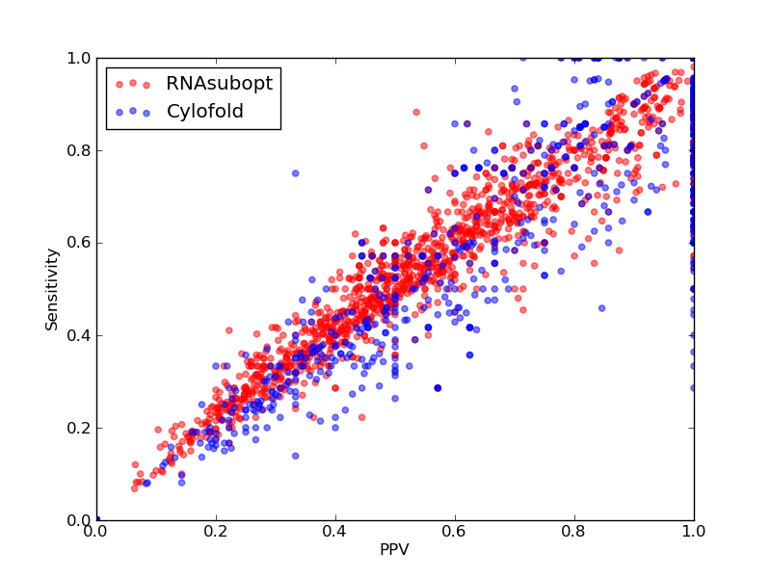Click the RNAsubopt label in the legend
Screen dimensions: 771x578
click(x=220, y=84)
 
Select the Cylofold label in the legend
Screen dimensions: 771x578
click(x=205, y=112)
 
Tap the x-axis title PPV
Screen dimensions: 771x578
click(x=394, y=549)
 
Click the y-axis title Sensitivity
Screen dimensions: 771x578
click(x=52, y=290)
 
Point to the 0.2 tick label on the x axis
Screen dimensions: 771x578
click(x=216, y=532)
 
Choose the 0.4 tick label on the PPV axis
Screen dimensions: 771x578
click(x=335, y=532)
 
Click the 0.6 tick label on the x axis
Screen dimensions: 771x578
click(x=455, y=532)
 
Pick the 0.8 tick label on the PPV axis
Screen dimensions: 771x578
click(x=574, y=532)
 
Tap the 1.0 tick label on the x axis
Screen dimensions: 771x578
click(x=694, y=532)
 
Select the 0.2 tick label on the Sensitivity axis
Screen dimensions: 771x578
click(x=79, y=428)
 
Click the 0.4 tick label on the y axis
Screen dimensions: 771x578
click(x=79, y=335)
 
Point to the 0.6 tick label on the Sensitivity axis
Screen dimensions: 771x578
click(x=79, y=244)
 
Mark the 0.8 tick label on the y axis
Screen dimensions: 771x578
click(x=79, y=151)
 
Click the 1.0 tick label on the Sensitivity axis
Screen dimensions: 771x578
click(x=79, y=59)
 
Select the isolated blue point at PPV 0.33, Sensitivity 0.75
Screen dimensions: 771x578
click(x=296, y=173)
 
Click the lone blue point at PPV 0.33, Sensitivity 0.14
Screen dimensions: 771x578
click(x=296, y=456)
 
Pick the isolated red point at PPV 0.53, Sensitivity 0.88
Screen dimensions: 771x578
click(x=416, y=113)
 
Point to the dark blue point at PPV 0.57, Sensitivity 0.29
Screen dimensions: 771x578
click(x=438, y=388)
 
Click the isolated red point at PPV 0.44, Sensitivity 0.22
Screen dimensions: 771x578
click(x=362, y=418)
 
